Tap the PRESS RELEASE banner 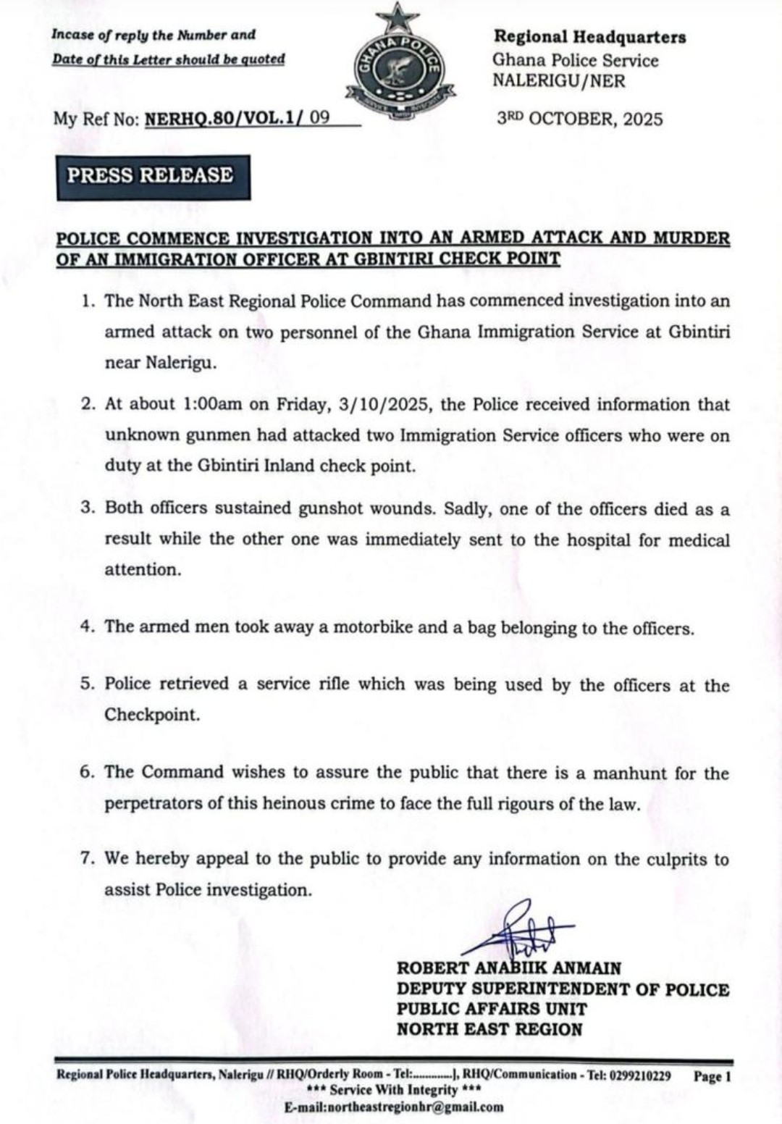pyautogui.click(x=152, y=176)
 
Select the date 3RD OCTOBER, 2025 pyautogui.click(x=579, y=119)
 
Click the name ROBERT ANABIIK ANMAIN pyautogui.click(x=508, y=968)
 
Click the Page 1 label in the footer pyautogui.click(x=712, y=1076)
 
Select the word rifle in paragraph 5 pyautogui.click(x=335, y=684)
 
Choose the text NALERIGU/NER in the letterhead pyautogui.click(x=558, y=80)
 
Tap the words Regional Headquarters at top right pyautogui.click(x=589, y=37)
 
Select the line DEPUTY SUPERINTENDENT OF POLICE pyautogui.click(x=563, y=989)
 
